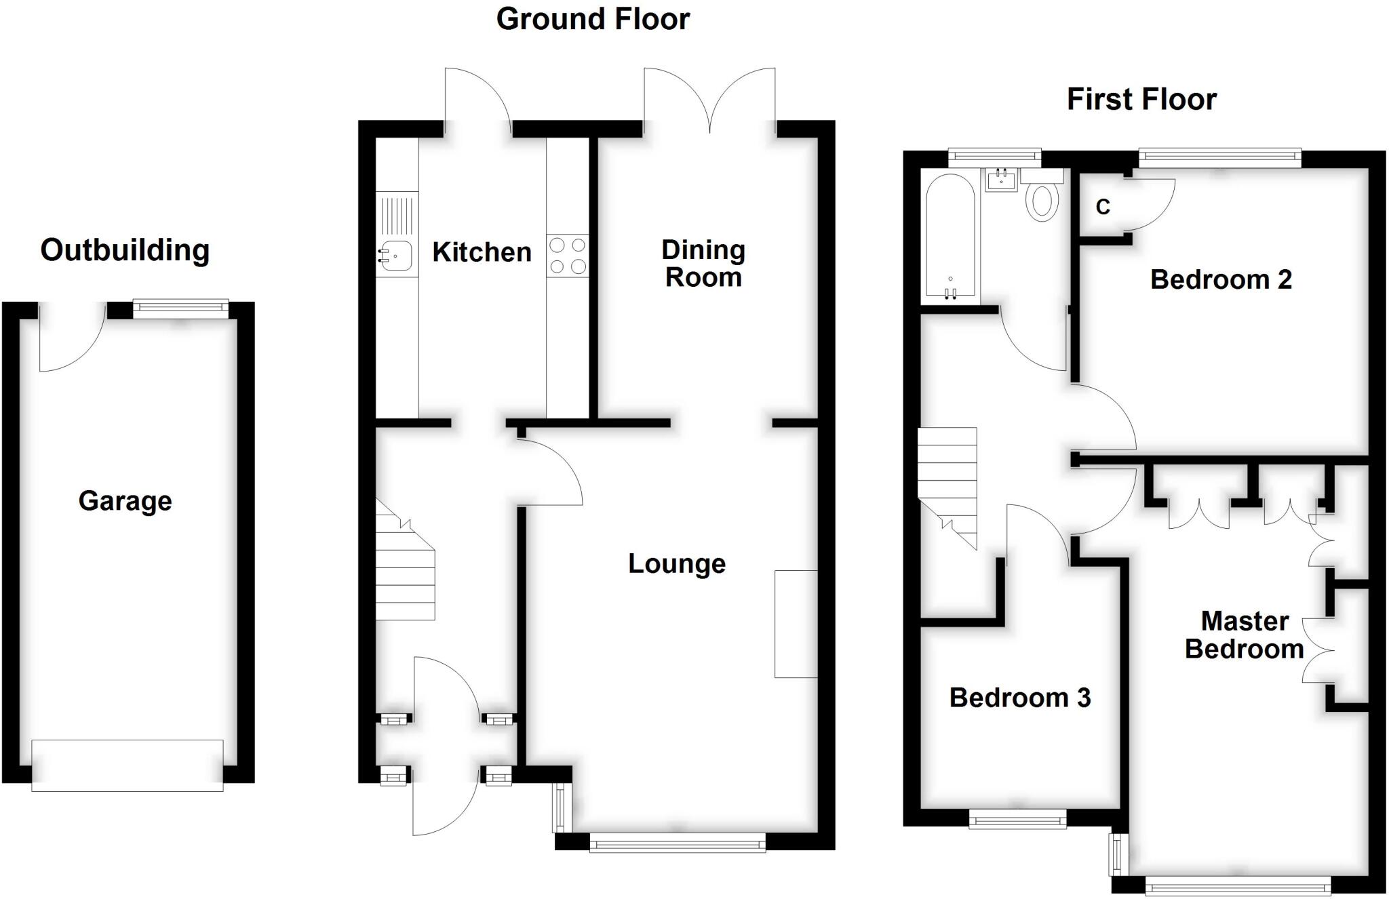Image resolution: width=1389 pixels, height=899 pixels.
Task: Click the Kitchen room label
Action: [482, 252]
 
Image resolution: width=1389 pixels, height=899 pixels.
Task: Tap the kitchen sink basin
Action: [396, 256]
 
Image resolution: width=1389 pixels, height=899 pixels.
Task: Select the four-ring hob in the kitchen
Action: [568, 256]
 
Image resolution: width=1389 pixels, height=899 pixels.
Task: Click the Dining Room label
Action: [703, 264]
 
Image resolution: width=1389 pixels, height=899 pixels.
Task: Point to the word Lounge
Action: [677, 563]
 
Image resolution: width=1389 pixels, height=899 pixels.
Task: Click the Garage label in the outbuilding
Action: [125, 501]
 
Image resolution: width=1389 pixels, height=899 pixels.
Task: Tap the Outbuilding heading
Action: [125, 250]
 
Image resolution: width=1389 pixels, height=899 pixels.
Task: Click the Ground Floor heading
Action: [593, 19]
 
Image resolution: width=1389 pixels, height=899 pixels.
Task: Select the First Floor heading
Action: [1141, 100]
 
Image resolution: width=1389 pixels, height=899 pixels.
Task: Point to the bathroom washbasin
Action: [1001, 181]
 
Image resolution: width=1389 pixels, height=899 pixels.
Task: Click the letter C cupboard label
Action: [1103, 207]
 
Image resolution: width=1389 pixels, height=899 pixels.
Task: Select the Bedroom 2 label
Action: [1221, 279]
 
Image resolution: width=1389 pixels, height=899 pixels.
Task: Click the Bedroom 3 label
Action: [1019, 698]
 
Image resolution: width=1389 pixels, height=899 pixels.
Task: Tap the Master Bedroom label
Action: [1244, 635]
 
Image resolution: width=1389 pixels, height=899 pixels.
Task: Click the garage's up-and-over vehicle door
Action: [128, 765]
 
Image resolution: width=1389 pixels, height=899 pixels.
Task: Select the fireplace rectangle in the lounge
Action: [796, 624]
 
